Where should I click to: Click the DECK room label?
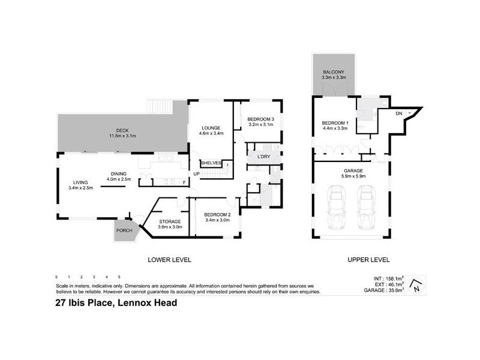click(122, 130)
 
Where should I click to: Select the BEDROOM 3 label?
click(261, 119)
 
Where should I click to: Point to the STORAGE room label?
click(169, 220)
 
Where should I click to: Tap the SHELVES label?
click(211, 163)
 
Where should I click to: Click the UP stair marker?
click(196, 174)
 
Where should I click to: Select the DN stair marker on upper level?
click(399, 113)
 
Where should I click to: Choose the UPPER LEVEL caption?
click(369, 260)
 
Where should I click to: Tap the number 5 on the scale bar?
click(119, 277)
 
